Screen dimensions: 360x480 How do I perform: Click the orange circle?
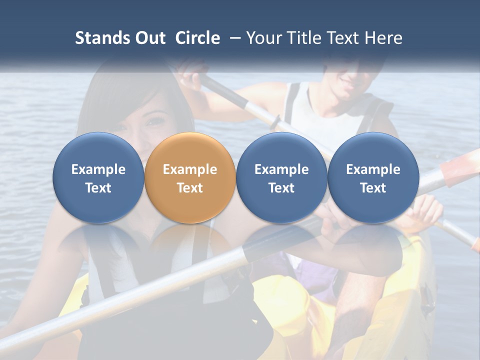[x=190, y=177]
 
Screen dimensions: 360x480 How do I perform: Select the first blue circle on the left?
[x=98, y=177]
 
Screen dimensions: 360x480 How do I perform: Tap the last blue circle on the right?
[x=373, y=177]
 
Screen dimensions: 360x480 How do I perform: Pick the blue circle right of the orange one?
[x=281, y=177]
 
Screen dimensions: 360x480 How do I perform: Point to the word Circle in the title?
[x=197, y=38]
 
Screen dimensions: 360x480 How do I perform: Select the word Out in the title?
[x=149, y=38]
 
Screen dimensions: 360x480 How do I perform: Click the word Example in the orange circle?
[x=190, y=169]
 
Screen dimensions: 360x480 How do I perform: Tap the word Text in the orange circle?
[x=190, y=188]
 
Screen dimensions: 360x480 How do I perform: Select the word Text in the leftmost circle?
[x=98, y=188]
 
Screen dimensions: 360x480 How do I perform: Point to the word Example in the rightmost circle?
[x=373, y=169]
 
